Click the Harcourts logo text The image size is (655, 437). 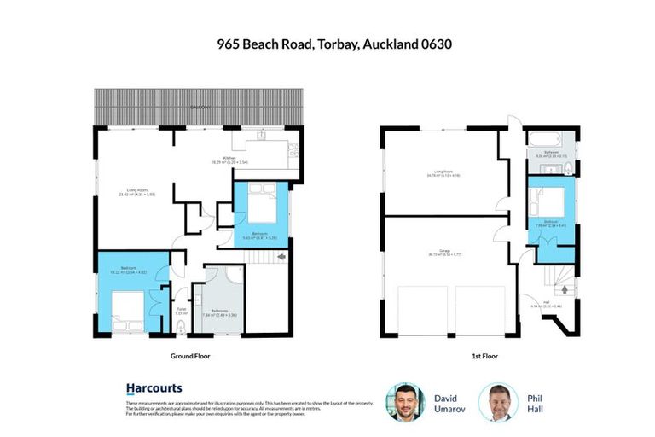tap(154, 388)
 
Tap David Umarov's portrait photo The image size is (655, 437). tap(404, 402)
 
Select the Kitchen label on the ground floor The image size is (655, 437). tap(229, 159)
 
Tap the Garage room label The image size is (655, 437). tap(445, 252)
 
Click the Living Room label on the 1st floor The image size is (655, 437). tap(442, 173)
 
